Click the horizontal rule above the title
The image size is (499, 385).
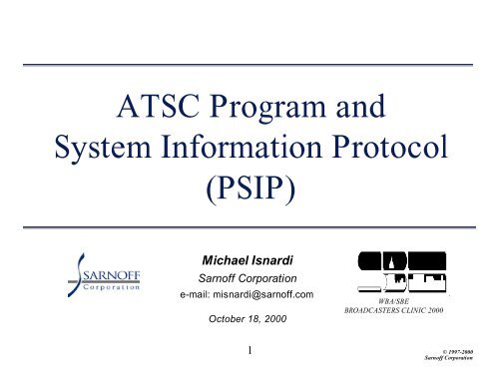click(x=249, y=66)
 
